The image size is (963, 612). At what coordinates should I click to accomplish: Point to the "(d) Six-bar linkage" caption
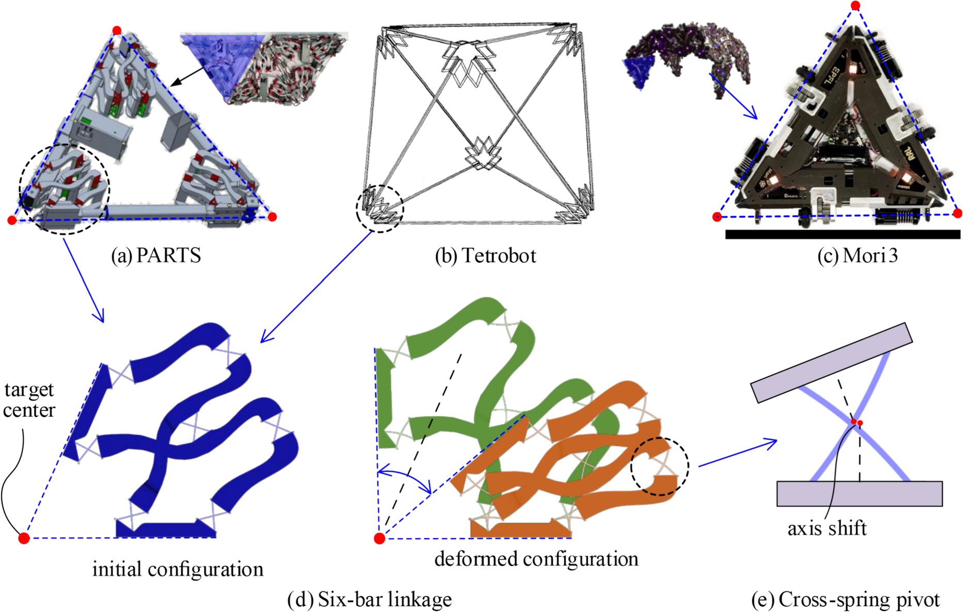coord(369,599)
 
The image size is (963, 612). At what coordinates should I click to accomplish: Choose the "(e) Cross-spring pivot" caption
coord(846,600)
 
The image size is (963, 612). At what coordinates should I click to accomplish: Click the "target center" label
coord(29,400)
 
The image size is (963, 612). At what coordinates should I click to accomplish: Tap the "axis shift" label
coord(827,528)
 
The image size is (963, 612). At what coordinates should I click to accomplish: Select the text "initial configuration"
coord(178,569)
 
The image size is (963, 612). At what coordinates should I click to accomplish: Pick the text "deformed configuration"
coord(536,559)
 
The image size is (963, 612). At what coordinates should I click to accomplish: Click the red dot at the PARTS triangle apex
coord(117,30)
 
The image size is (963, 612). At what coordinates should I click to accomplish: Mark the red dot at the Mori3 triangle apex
coord(855,6)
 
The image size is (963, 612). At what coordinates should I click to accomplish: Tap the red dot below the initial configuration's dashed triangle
coord(24,539)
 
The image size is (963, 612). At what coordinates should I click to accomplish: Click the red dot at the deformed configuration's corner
coord(380,539)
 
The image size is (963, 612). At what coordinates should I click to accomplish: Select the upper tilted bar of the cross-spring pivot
coord(831,362)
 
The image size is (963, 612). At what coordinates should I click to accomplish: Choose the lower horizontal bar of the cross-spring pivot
coord(859,493)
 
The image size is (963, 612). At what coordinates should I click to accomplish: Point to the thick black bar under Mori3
coord(842,235)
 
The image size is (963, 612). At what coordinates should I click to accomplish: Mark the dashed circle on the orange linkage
coord(659,466)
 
